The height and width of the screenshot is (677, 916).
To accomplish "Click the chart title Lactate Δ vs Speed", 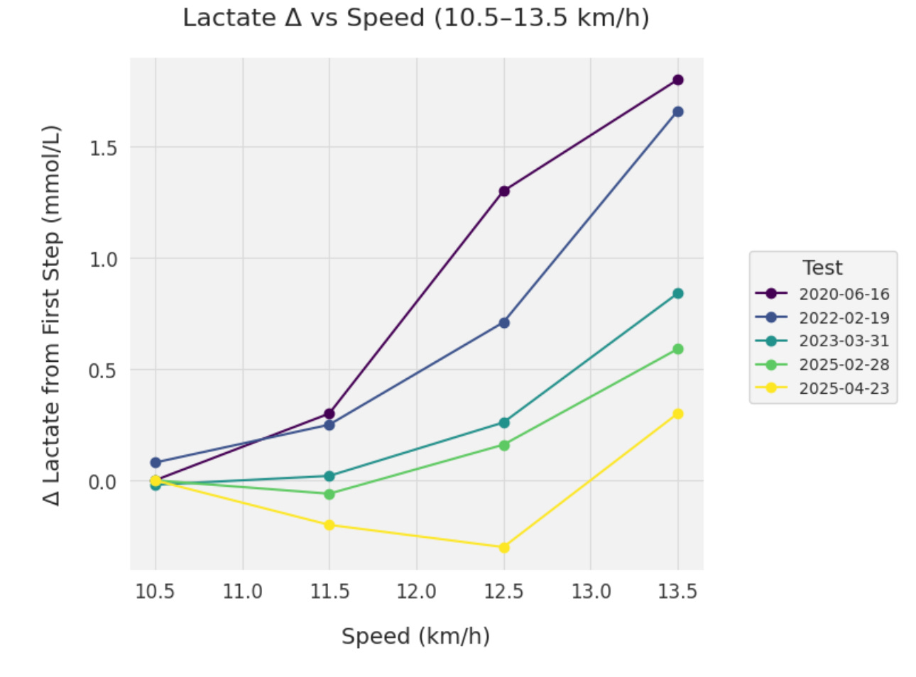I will [x=415, y=18].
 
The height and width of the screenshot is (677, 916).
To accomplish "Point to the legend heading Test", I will [x=822, y=268].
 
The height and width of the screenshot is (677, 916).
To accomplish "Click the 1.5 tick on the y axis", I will [x=103, y=148].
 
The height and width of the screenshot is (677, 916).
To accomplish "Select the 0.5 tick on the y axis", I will [x=103, y=370].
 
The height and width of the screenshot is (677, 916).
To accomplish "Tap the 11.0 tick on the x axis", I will [x=243, y=591].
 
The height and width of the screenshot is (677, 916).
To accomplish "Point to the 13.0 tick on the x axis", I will [x=591, y=591].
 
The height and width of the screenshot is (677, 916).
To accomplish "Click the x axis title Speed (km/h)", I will [x=415, y=636].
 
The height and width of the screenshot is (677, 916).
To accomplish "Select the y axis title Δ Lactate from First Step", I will [x=51, y=315].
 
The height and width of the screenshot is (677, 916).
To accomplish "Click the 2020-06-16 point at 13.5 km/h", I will [x=677, y=80].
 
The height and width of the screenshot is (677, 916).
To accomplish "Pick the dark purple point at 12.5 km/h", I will [x=504, y=191].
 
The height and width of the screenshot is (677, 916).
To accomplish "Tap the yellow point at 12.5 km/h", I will [x=504, y=547].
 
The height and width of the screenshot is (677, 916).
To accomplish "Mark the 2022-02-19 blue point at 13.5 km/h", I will [x=677, y=111].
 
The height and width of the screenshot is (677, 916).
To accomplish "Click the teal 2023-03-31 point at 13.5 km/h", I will [x=677, y=293].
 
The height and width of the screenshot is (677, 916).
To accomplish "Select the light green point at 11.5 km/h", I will [x=329, y=494].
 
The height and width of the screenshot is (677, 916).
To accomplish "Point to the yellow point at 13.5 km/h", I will [x=677, y=414].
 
